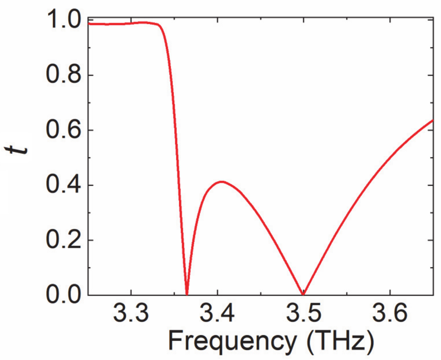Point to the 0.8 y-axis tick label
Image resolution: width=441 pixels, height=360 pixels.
tap(63, 75)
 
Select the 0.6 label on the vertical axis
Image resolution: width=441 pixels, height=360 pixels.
tap(63, 130)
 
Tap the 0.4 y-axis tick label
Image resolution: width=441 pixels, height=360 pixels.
tap(63, 185)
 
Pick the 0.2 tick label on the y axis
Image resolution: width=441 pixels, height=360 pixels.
tap(63, 240)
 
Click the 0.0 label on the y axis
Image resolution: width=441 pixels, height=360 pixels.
tap(63, 294)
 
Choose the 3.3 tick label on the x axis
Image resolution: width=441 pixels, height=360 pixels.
tap(131, 313)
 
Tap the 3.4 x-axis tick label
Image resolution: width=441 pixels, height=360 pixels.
tap(217, 313)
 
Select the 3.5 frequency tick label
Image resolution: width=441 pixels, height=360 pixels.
tap(303, 313)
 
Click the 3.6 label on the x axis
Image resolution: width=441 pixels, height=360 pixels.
tap(390, 313)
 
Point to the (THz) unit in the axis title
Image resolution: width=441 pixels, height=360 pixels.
tap(340, 341)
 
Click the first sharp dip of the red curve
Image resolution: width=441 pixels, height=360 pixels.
tap(187, 293)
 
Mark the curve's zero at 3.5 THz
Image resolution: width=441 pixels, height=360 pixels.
tap(303, 294)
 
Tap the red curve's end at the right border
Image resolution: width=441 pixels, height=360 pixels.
tap(432, 120)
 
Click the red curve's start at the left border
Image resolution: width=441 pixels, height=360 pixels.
tap(89, 24)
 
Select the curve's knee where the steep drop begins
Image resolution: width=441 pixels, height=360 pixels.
tap(160, 26)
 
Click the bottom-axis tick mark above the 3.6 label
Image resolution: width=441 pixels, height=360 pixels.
tap(390, 293)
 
